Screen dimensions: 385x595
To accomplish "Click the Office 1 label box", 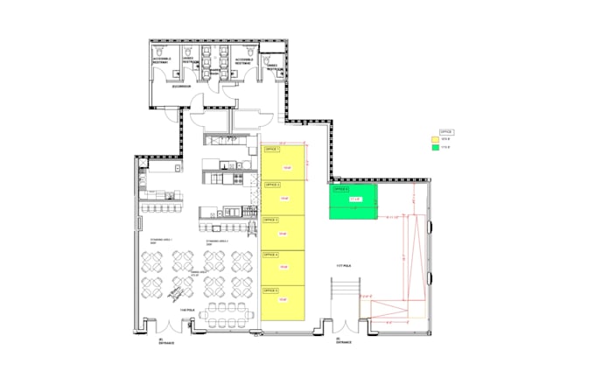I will [271, 150].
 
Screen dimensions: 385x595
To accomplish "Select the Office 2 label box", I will [271, 185].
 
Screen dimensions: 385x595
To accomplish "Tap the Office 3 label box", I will [271, 220].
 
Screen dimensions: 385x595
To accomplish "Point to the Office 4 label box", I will [271, 255].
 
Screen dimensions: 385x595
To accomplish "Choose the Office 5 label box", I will [271, 290].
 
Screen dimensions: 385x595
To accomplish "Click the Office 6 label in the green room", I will [339, 189].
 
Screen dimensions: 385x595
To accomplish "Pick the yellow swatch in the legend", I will [434, 139].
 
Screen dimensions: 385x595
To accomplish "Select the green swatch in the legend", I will [434, 147].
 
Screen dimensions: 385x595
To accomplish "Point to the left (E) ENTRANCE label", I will [166, 341].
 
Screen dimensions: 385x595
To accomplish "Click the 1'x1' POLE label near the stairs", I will [342, 265].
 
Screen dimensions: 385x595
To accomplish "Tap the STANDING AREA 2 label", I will [216, 239].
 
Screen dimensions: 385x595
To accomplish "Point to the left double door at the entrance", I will [193, 325].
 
